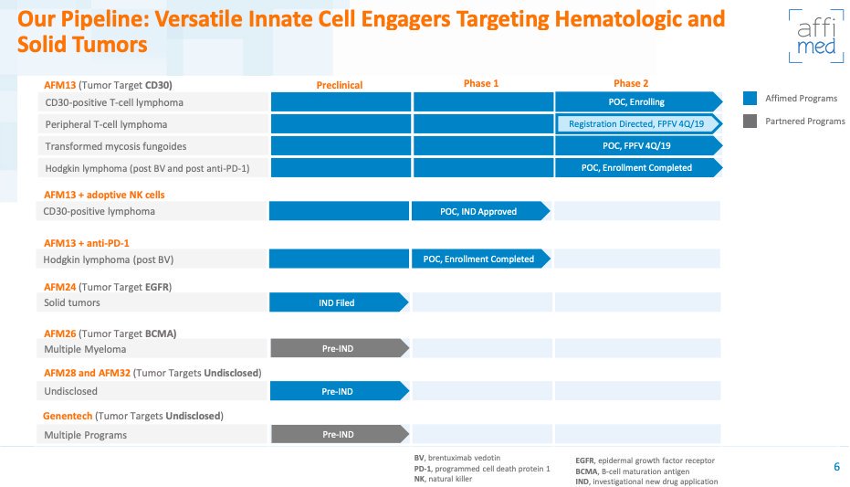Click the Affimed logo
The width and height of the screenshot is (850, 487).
pos(816,37)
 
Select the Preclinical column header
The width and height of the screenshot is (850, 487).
pos(340,85)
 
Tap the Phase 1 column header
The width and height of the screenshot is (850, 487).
pos(481,83)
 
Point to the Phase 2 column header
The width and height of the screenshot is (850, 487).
pos(631,83)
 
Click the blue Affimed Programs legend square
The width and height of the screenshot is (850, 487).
pos(750,98)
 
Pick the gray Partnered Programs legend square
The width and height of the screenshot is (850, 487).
pos(750,121)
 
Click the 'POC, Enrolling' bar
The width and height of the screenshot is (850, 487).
pos(638,102)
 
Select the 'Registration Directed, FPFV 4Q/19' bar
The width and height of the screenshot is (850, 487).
pos(638,123)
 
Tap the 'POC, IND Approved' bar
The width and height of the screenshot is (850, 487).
pos(481,211)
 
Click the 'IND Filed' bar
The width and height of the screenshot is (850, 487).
pos(339,302)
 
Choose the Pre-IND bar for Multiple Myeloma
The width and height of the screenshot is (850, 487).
pos(340,348)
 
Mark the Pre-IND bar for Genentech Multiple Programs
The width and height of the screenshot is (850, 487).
pos(340,434)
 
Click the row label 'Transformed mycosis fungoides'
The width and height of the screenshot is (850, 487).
pos(115,146)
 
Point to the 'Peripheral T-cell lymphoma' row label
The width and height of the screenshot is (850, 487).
pos(106,124)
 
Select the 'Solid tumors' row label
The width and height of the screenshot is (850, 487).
pos(72,302)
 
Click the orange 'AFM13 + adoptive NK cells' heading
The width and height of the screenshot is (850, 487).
pos(104,195)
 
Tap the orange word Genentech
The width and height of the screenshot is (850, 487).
pos(68,416)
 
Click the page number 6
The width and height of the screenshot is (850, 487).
pos(836,466)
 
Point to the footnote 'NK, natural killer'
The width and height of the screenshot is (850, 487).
pos(443,479)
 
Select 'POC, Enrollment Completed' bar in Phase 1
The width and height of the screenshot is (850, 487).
pos(481,259)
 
